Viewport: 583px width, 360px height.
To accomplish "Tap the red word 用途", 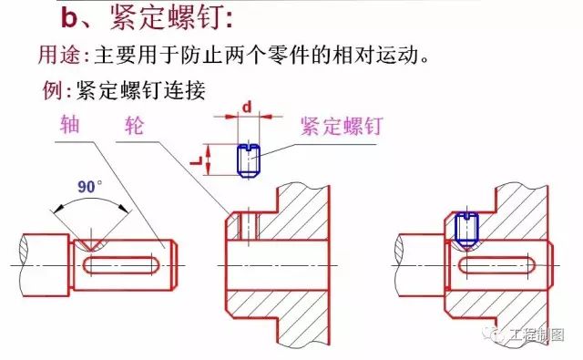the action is pos(58,55).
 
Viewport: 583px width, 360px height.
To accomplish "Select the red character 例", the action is pos(53,90).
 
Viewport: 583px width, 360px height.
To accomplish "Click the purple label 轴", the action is pos(70,124).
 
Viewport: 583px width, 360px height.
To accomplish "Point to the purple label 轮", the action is pos(134,125).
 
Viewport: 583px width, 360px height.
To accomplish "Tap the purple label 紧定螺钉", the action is pos(342,126).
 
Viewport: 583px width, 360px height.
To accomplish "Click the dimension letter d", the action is pos(247,108).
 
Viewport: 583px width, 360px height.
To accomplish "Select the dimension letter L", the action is pos(196,160).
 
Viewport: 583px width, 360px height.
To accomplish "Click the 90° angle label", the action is pos(89,186).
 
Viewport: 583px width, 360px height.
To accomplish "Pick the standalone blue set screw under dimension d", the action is pos(249,160).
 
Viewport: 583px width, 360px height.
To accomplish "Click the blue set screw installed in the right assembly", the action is pos(466,231).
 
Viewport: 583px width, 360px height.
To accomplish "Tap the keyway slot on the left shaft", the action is pos(120,265).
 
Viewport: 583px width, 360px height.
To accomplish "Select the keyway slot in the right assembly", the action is pos(496,265).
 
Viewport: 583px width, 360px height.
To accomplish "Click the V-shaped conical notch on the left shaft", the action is pos(90,245).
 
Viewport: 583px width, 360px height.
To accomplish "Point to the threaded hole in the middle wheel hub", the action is pos(249,226).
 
